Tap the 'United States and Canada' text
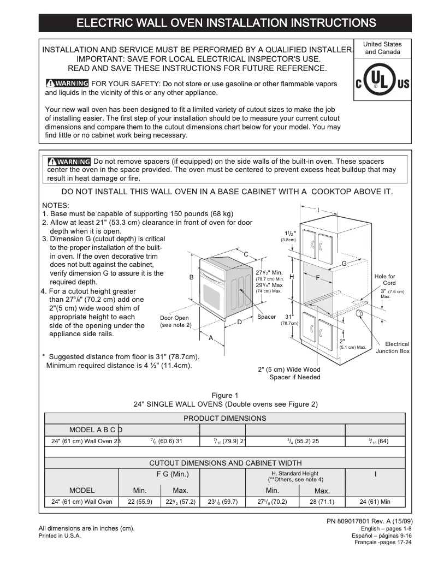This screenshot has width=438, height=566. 382,48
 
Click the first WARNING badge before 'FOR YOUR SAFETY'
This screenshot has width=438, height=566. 67,84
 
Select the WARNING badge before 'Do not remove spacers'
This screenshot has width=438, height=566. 69,162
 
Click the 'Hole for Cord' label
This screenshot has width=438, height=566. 385,280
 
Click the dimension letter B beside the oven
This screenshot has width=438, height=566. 191,277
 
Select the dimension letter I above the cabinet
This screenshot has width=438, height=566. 318,210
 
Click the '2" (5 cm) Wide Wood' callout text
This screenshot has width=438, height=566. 289,370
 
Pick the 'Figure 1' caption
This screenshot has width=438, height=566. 225,396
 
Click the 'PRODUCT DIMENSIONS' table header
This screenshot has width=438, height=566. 224,418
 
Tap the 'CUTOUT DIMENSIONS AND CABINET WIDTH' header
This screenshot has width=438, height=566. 225,463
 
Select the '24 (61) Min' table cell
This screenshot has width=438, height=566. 375,502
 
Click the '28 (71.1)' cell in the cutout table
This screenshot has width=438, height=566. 322,502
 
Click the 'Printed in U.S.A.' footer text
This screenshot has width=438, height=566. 60,536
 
